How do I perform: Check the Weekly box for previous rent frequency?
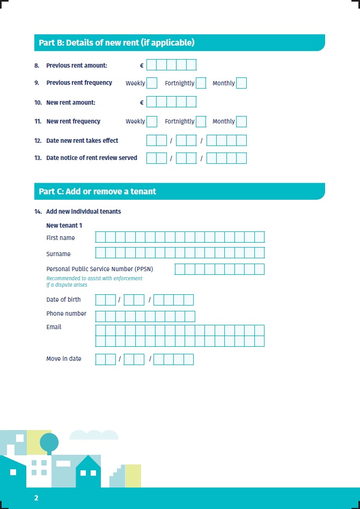152,83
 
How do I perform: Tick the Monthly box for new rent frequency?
241,121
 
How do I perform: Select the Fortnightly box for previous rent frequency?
201,83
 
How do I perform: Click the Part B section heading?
116,42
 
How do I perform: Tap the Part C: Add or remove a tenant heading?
98,191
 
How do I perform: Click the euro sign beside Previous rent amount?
142,66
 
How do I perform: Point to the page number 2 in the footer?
36,498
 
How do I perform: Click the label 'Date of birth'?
63,300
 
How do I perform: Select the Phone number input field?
145,316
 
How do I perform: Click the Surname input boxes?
180,253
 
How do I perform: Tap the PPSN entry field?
219,269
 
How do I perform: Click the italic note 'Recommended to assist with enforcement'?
94,278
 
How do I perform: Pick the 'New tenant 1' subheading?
64,226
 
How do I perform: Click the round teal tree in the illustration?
49,442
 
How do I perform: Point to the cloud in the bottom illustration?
94,434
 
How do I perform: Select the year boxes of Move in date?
173,359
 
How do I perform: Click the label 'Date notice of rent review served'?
92,158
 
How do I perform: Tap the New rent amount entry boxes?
171,102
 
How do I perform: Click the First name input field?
180,237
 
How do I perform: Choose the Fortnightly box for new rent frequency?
201,121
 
